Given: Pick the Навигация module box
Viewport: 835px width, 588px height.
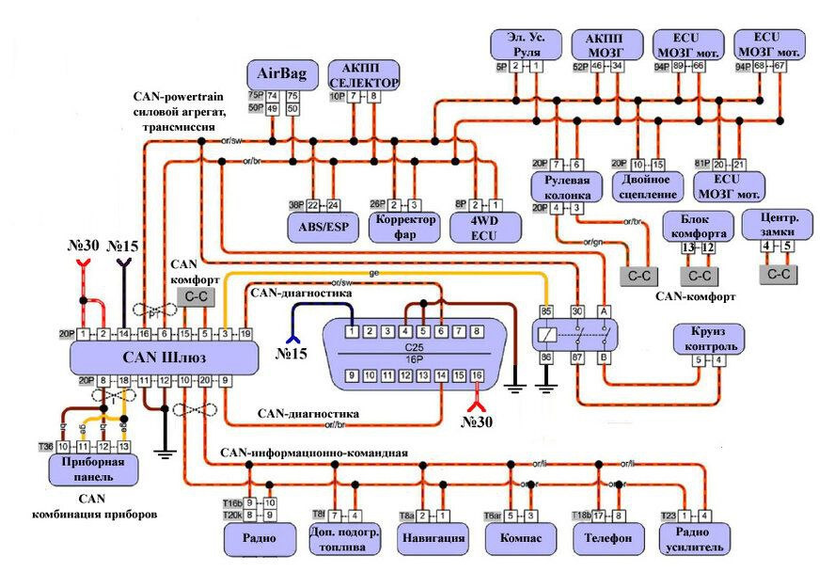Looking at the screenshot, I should pyautogui.click(x=433, y=538).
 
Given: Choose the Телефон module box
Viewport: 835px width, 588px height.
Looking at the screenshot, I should pyautogui.click(x=607, y=538).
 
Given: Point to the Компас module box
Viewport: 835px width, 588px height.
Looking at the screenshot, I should pyautogui.click(x=518, y=538).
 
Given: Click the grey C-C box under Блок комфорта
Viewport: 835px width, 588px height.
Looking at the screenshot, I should pyautogui.click(x=698, y=276).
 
